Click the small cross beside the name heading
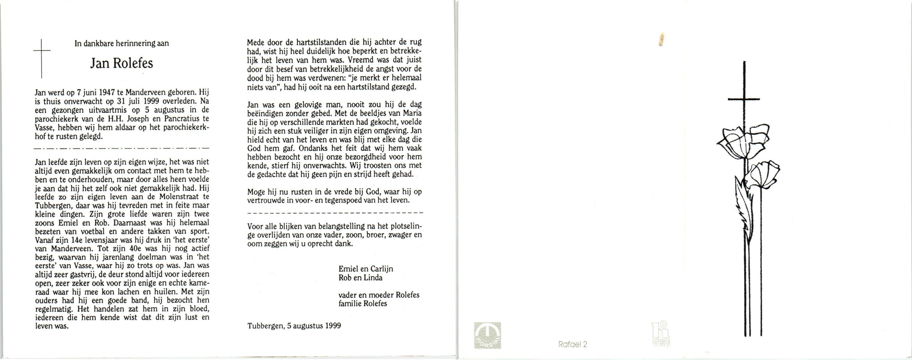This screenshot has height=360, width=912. [x=42, y=58]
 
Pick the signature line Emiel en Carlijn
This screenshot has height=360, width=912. [x=365, y=269]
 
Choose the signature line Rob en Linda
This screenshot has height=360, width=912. [x=360, y=278]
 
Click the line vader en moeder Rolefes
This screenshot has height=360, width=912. [x=378, y=295]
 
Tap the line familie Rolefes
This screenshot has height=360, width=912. [x=363, y=304]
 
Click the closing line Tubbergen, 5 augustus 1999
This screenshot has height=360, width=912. [x=294, y=326]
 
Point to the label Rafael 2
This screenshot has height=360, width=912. [x=573, y=344]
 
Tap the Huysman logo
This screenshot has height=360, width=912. [x=661, y=334]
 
